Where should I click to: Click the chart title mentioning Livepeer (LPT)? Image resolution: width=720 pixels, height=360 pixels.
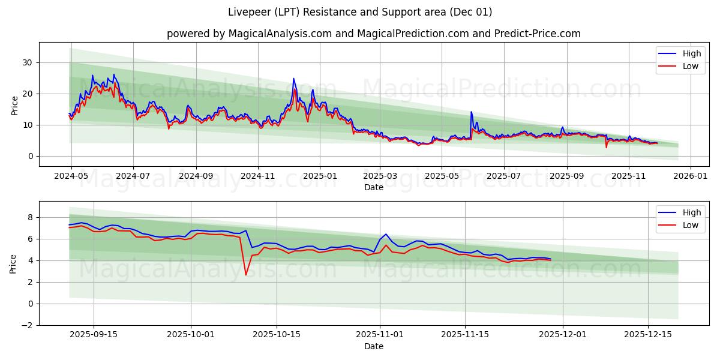(360, 12)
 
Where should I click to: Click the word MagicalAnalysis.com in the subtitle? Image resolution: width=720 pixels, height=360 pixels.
(280, 34)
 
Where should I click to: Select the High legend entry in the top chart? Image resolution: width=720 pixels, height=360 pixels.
(691, 53)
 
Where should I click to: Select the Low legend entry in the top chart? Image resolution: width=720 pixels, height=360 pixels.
(690, 66)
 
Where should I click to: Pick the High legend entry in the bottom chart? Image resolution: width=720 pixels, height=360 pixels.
(691, 212)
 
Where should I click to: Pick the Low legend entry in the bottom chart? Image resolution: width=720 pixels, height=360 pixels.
(690, 225)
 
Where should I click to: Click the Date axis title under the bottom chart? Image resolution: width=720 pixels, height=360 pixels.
(373, 346)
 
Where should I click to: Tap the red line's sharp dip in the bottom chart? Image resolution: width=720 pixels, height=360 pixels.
(245, 275)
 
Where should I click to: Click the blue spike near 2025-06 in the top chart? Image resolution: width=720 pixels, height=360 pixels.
(471, 112)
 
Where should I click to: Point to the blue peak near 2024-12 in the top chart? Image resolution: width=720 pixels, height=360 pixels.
(293, 79)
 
